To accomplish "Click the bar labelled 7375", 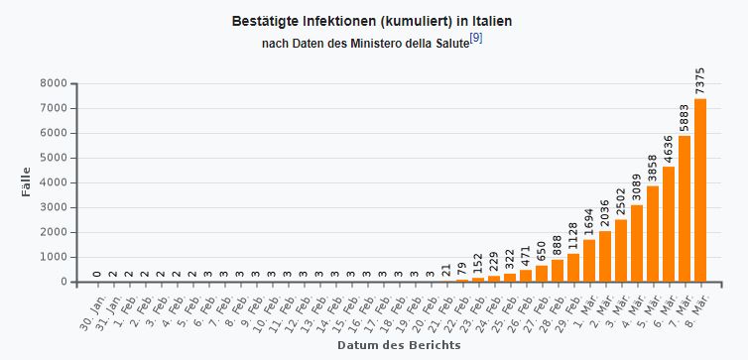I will pyautogui.click(x=700, y=190).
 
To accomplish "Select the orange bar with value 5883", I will pyautogui.click(x=685, y=208).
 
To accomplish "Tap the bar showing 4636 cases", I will pyautogui.click(x=669, y=224).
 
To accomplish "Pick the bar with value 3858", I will pyautogui.click(x=653, y=234).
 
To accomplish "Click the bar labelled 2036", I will pyautogui.click(x=605, y=256).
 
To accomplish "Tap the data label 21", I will pyautogui.click(x=446, y=269).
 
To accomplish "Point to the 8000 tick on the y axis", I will pyautogui.click(x=54, y=83).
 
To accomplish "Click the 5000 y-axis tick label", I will pyautogui.click(x=54, y=158).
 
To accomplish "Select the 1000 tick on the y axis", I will pyautogui.click(x=54, y=257).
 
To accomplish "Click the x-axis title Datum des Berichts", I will pyautogui.click(x=398, y=345).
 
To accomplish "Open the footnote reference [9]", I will pyautogui.click(x=476, y=38).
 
